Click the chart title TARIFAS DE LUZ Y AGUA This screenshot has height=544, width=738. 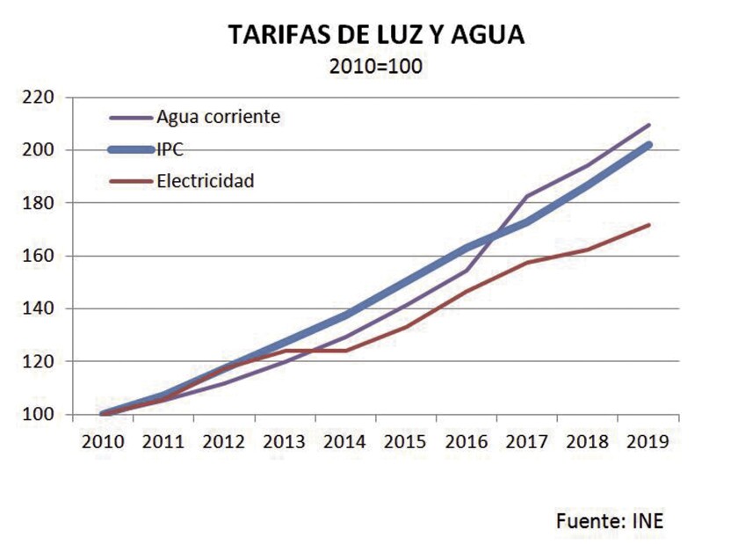coord(375,35)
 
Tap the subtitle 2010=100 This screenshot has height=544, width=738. coord(375,66)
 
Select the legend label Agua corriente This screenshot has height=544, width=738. coord(218,117)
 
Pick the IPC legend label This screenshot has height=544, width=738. coord(170,149)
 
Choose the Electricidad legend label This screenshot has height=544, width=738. coord(206,182)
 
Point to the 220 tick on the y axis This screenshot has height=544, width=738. coord(39,97)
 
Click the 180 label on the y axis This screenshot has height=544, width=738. coord(39,203)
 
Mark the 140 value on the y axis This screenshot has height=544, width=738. coord(39,308)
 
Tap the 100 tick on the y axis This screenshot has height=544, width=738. coord(39,415)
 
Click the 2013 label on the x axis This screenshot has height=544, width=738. coord(285,439)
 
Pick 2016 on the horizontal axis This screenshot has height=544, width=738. coord(467,439)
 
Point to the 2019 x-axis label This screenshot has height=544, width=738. coord(648,439)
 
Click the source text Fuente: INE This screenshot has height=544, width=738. coord(610,521)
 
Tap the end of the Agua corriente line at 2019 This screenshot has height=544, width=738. coord(649,125)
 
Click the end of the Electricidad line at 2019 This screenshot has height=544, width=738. coord(649,225)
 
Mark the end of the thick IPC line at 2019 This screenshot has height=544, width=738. coord(649,144)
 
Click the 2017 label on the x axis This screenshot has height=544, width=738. coord(527,439)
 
